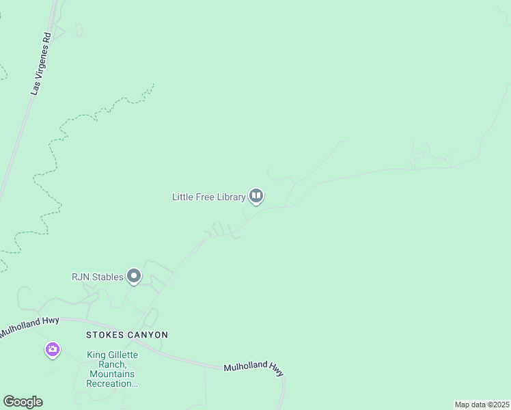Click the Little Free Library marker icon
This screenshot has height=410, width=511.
click(256, 197)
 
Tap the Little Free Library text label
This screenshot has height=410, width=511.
click(208, 197)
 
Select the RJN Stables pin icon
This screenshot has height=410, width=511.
click(134, 276)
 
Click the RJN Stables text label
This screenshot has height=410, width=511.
click(98, 277)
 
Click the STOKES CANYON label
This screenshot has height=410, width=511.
click(126, 335)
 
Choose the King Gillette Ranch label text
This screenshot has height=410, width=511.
click(112, 369)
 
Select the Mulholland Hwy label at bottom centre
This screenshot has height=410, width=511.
click(253, 369)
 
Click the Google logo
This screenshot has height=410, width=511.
click(23, 402)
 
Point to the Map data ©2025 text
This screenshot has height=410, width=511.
click(481, 405)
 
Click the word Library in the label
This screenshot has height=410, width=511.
click(230, 197)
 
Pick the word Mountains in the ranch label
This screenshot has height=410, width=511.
click(112, 374)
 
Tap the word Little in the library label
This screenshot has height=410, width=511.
click(182, 197)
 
